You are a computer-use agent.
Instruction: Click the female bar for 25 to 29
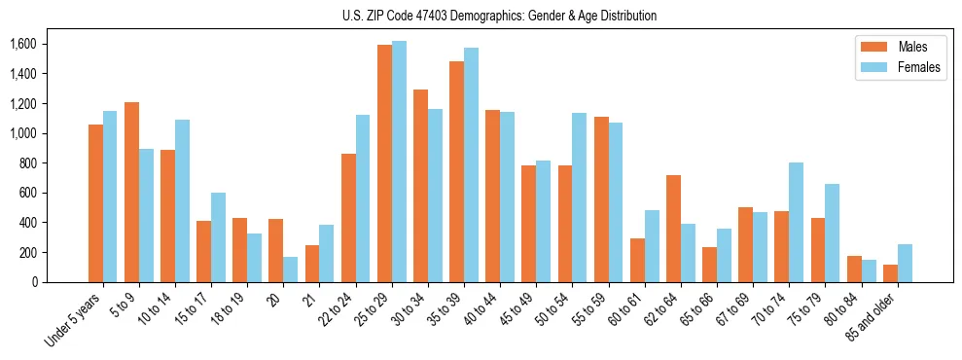400,162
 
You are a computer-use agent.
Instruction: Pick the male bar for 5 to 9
132,192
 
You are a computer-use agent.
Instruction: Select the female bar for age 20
291,270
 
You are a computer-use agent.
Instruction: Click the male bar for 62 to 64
673,229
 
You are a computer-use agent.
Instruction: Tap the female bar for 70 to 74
796,222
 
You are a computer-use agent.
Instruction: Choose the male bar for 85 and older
890,273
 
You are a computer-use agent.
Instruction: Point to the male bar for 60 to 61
637,260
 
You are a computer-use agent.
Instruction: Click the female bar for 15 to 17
219,237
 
